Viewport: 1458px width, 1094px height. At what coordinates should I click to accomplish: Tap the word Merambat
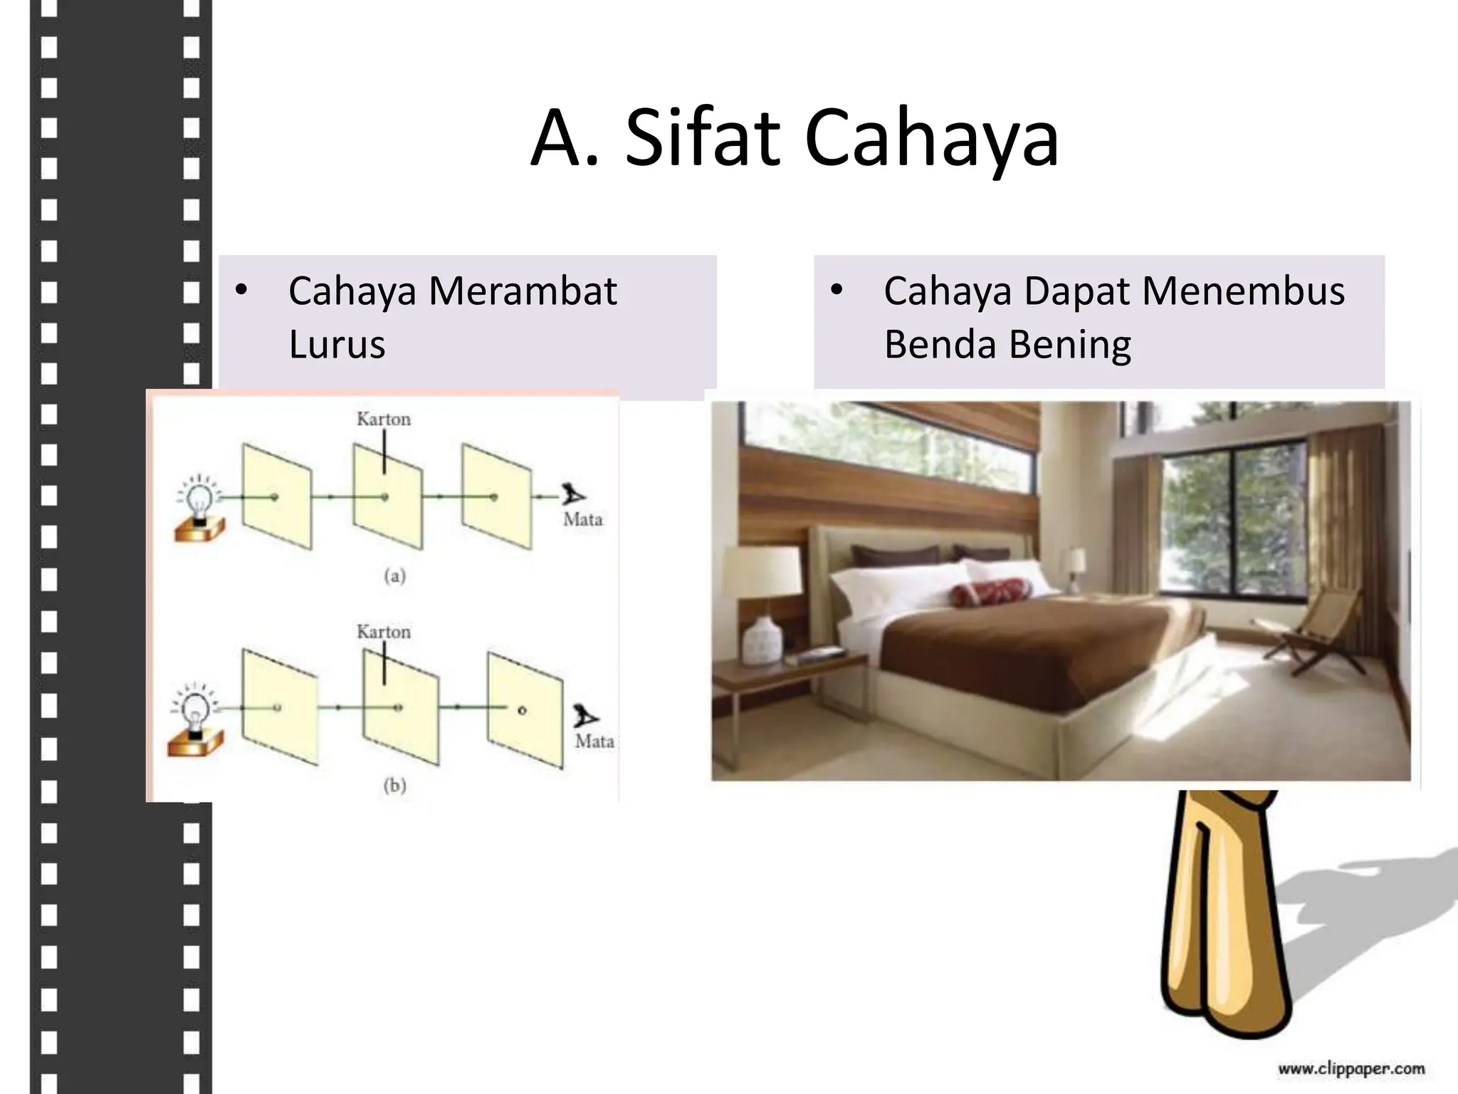click(523, 291)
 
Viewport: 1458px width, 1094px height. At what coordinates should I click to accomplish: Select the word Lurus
click(337, 345)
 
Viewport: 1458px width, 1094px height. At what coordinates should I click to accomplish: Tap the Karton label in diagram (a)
click(384, 420)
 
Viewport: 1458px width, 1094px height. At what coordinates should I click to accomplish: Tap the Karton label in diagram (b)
click(384, 632)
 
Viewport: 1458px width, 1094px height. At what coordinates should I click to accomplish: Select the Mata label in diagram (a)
click(583, 520)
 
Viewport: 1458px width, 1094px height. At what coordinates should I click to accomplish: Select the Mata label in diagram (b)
click(594, 741)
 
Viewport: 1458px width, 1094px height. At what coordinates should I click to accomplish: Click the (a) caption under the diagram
click(395, 575)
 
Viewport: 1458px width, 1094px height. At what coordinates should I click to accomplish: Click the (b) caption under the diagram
click(395, 786)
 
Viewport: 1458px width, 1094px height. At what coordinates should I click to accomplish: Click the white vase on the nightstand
click(762, 640)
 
